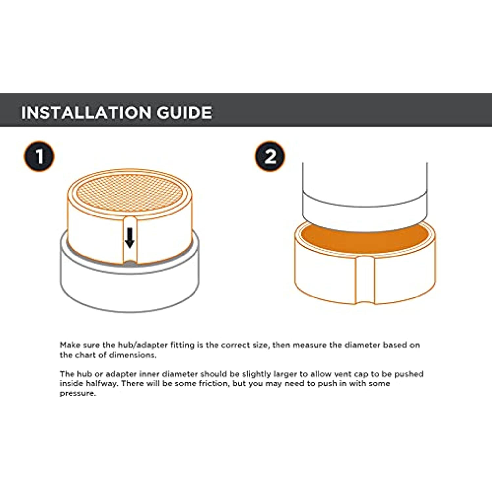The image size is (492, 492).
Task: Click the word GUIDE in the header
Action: click(x=184, y=113)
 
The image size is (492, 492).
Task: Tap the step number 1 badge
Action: click(x=39, y=156)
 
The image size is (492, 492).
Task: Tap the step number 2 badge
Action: click(x=270, y=156)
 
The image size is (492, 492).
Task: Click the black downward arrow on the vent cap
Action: click(x=130, y=238)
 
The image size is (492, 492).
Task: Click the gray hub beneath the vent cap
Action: click(x=130, y=282)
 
